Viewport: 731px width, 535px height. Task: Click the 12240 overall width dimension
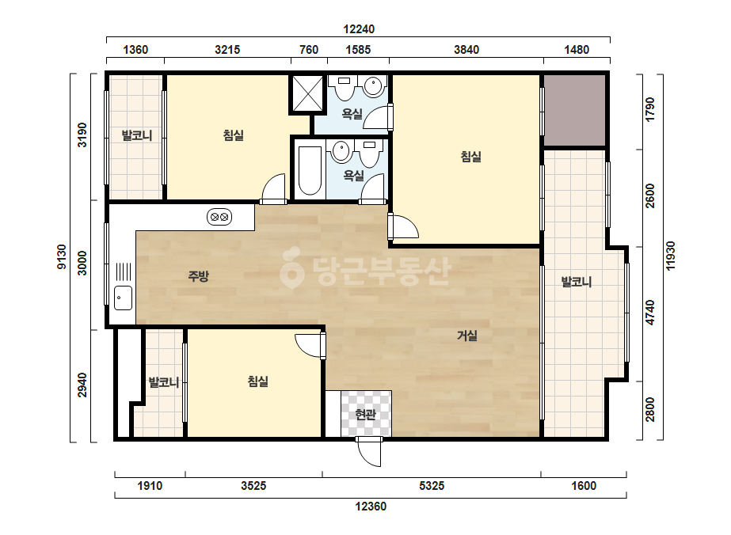point(359,29)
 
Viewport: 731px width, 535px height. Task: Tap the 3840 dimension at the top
point(466,49)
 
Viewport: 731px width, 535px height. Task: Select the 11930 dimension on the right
point(670,256)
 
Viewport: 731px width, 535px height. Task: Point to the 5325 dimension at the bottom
point(432,486)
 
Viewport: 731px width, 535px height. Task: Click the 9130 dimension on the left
point(62,256)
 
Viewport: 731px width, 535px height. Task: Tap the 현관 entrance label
point(365,414)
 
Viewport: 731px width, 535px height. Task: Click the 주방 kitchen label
point(198,276)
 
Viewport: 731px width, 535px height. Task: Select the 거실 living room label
point(466,336)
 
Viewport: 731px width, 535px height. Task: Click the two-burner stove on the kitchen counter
point(219,217)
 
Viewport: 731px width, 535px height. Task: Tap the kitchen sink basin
point(123,298)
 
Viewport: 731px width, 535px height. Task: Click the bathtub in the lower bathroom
point(310,171)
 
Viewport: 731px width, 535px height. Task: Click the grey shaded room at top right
point(574,112)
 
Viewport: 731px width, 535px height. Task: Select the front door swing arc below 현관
point(368,454)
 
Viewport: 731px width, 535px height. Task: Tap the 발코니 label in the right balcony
point(577,282)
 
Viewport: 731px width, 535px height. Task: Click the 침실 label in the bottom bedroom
point(258,381)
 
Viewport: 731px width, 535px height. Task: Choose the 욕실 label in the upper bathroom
point(352,113)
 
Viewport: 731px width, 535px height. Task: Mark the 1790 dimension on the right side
point(650,109)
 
